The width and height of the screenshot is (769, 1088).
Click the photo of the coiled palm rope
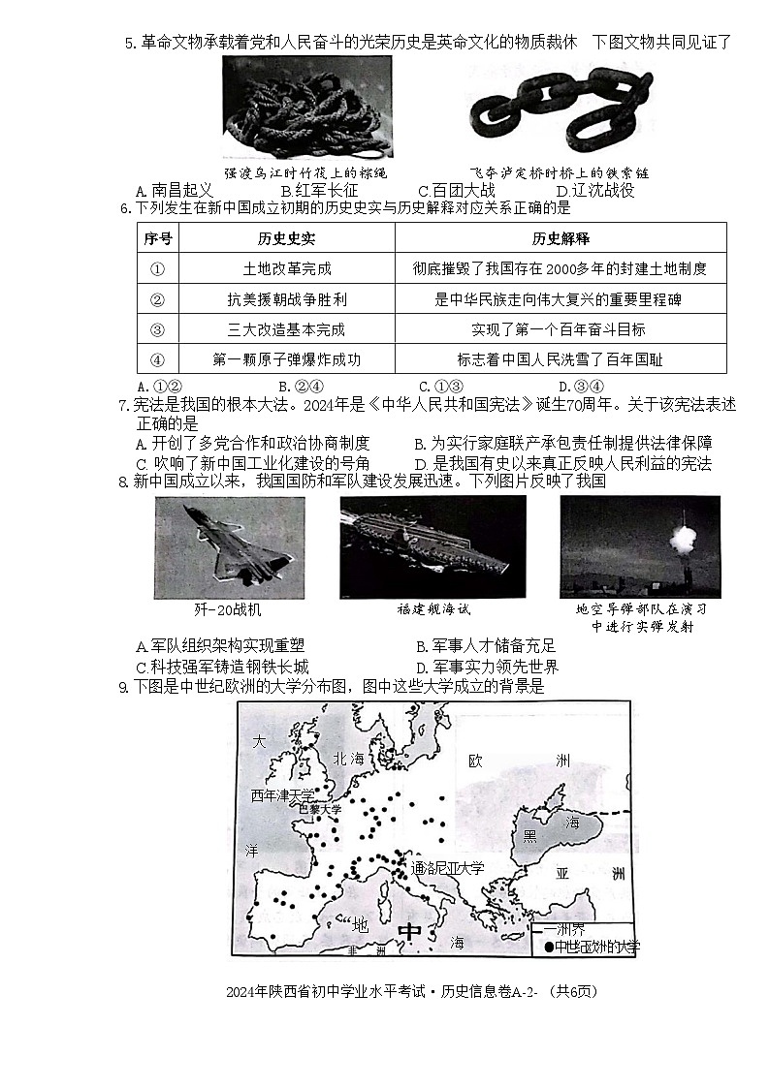tap(306, 107)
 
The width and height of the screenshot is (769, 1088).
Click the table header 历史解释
tap(560, 238)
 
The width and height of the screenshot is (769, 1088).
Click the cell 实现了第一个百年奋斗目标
tap(560, 329)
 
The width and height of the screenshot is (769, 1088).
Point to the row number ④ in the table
tap(158, 359)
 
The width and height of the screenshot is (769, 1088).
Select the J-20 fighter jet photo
tap(229, 547)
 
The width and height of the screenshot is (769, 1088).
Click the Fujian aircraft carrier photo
tap(433, 547)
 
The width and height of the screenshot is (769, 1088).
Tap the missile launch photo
tap(640, 547)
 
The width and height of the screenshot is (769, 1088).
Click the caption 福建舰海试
tap(433, 609)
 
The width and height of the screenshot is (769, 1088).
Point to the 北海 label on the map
tap(347, 759)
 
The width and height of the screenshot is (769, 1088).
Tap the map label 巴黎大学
tap(319, 808)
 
